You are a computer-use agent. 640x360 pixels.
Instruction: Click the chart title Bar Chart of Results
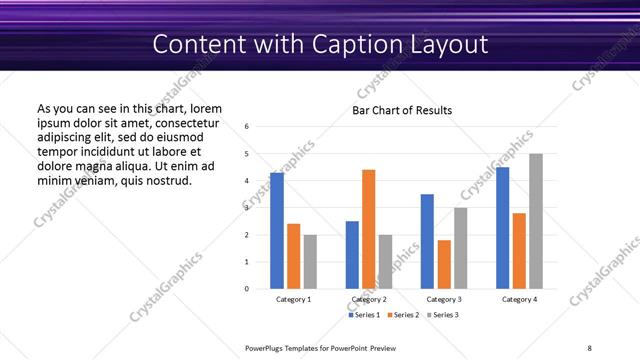(402, 110)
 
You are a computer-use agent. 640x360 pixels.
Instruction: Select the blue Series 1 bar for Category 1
(277, 231)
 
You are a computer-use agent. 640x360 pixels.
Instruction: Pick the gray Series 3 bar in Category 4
(536, 221)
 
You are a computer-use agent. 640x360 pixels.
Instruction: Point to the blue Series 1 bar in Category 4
(502, 228)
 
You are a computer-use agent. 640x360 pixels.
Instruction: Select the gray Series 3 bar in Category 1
(310, 261)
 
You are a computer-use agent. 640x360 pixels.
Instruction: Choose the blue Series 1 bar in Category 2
(352, 255)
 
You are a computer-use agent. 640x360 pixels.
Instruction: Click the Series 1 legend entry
(365, 315)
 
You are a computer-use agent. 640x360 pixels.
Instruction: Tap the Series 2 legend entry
(403, 315)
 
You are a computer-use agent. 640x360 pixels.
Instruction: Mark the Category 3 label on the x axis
(444, 299)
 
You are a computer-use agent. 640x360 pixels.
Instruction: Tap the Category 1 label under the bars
(293, 299)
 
